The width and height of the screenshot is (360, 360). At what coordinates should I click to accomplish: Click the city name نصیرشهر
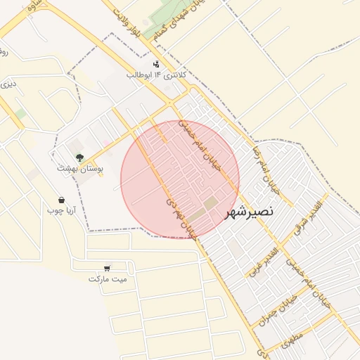(250, 212)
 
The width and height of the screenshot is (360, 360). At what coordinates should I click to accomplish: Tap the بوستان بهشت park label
(80, 169)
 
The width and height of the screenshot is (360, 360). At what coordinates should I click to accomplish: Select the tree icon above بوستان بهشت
(80, 157)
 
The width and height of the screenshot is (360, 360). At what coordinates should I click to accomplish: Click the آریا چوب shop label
(61, 210)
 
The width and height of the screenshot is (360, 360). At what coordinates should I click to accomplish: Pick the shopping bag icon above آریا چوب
(62, 200)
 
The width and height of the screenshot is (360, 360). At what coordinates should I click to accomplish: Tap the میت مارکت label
(108, 278)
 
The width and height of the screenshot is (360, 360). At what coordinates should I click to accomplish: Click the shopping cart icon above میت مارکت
(107, 268)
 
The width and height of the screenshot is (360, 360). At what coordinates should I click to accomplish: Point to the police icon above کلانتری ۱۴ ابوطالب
(156, 64)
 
